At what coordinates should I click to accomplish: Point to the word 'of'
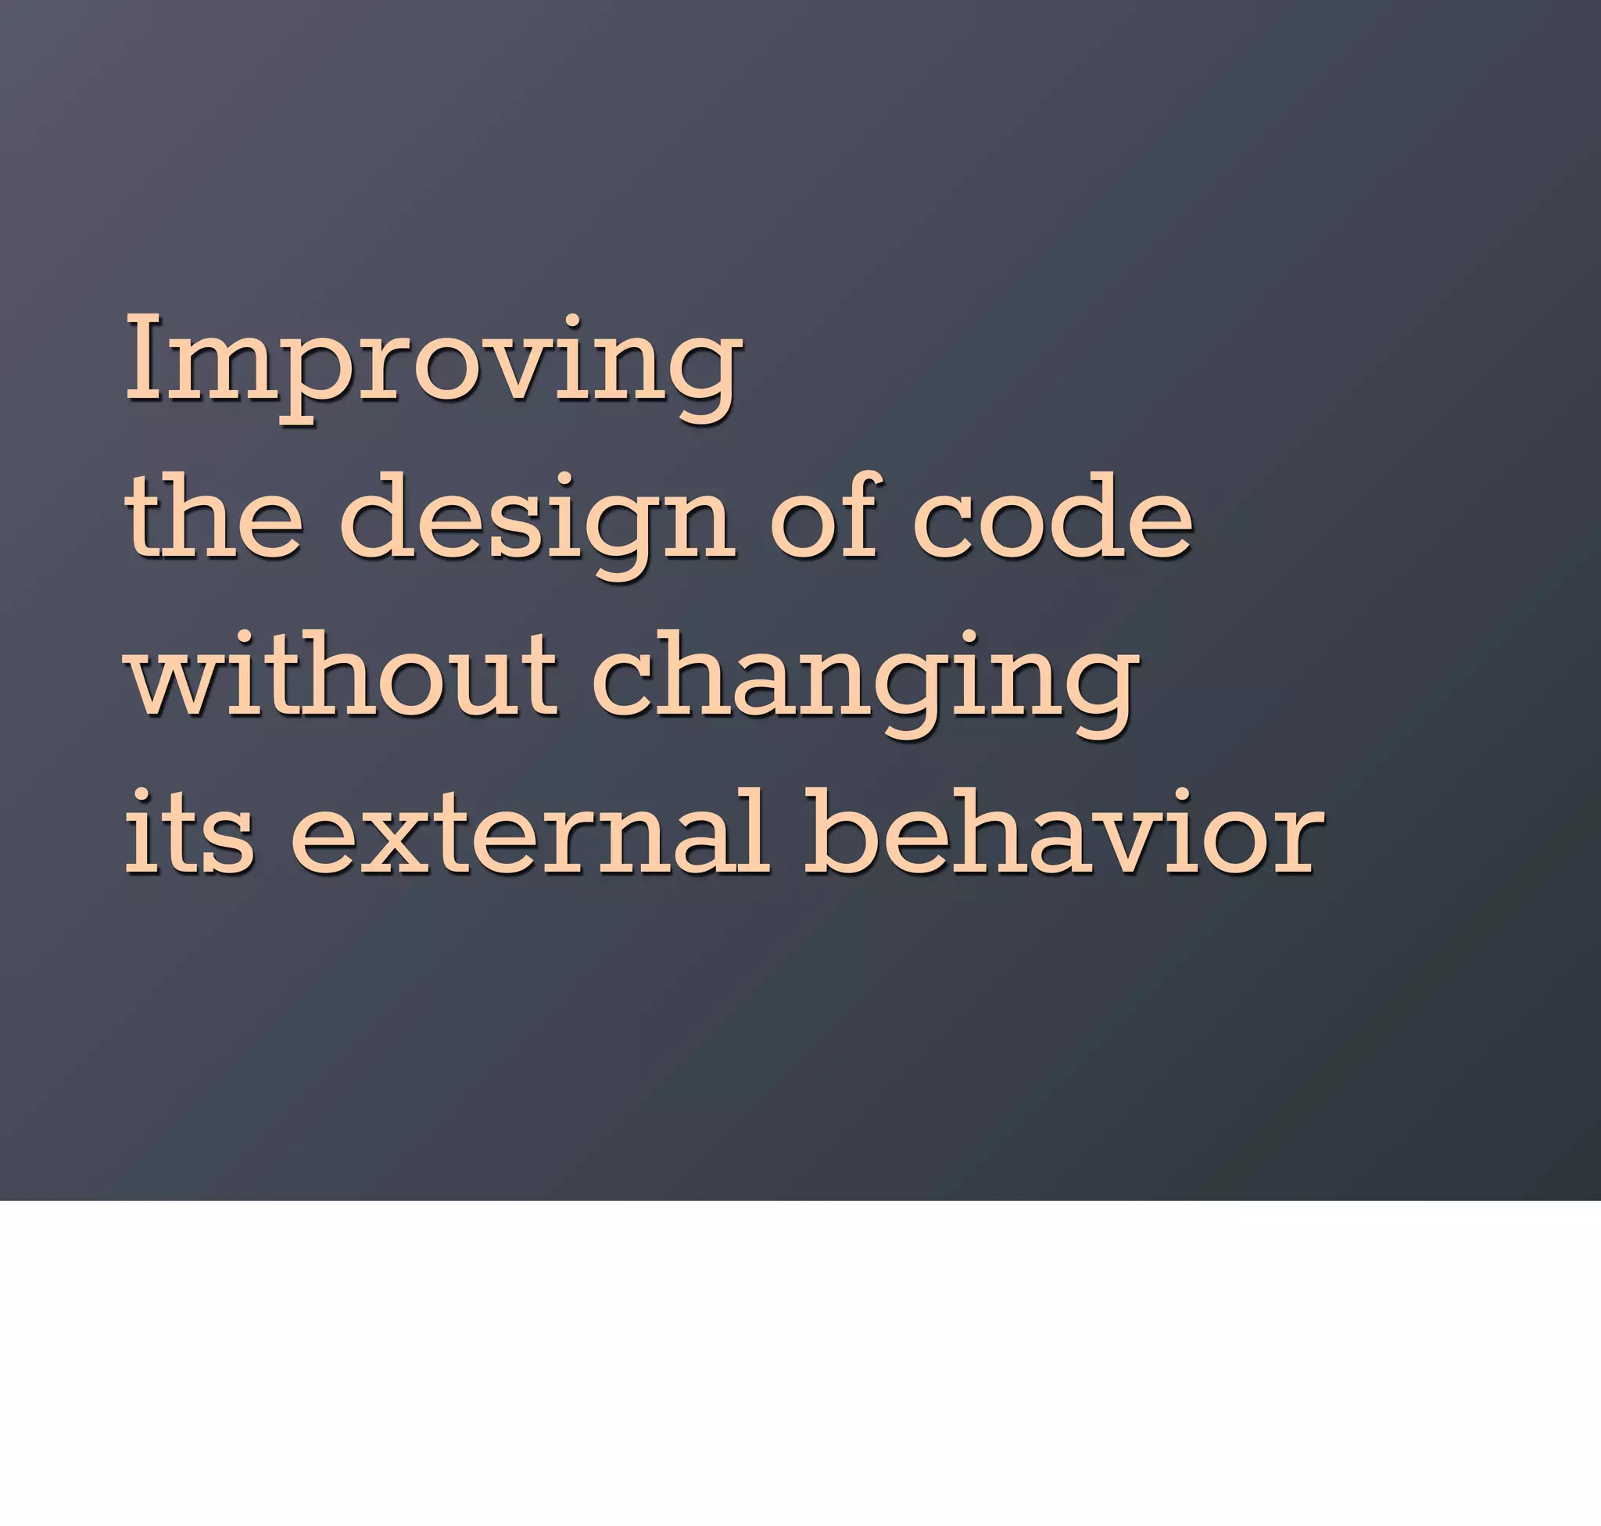[x=823, y=518]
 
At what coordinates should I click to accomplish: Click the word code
[x=1053, y=518]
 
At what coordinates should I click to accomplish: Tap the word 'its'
[x=188, y=831]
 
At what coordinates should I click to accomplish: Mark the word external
[x=528, y=831]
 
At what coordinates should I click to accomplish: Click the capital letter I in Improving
[x=146, y=358]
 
